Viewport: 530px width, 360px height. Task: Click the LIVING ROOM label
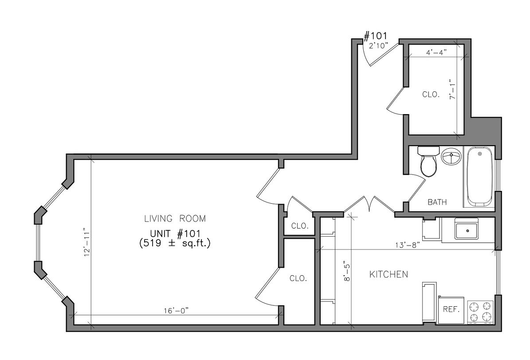(175, 218)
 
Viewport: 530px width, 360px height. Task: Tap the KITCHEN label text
(389, 275)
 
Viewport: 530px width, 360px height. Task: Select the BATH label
(437, 202)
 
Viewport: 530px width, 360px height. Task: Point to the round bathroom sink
(451, 157)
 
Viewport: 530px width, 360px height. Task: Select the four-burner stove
(481, 311)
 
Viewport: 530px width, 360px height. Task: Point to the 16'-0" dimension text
(176, 311)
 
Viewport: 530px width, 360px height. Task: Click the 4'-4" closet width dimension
(436, 52)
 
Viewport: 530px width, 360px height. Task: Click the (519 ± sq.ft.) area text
(175, 243)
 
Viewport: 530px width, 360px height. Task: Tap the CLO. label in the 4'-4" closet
(430, 95)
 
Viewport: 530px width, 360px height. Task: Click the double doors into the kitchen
(369, 205)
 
